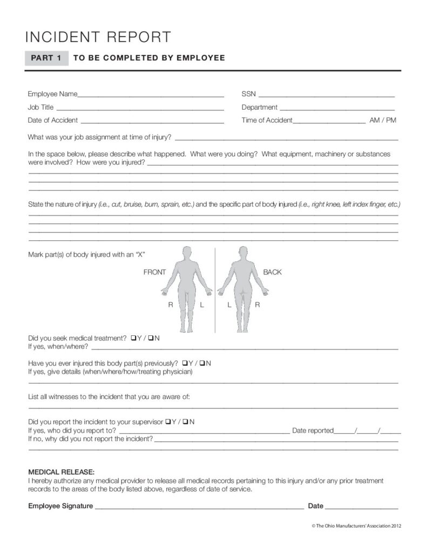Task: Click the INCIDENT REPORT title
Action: click(x=98, y=37)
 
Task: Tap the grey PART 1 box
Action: click(x=46, y=57)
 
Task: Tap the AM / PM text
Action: click(x=382, y=120)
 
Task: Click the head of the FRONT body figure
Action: click(x=187, y=252)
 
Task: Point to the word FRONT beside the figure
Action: click(x=154, y=272)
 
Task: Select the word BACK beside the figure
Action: click(x=273, y=272)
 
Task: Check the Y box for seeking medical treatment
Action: click(x=133, y=339)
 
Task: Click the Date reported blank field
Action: click(x=368, y=431)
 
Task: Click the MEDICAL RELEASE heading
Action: click(x=61, y=471)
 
